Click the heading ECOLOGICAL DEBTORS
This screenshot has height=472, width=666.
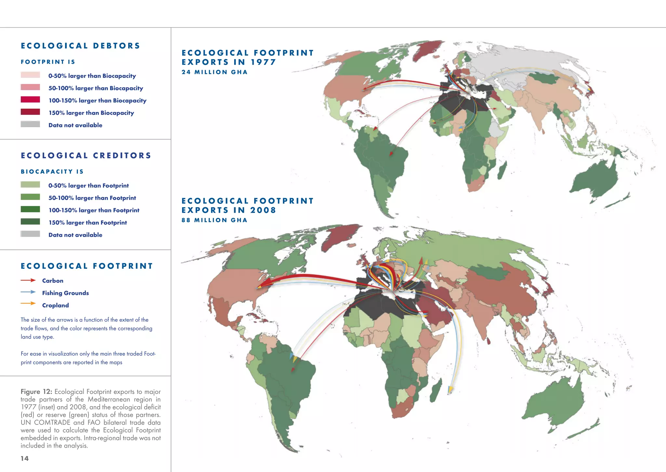click(80, 46)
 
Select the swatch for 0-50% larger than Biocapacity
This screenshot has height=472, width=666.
click(30, 75)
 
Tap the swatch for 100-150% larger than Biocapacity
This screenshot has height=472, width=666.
click(30, 100)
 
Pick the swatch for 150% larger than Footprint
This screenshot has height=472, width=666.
click(30, 222)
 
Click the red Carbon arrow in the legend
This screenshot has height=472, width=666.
click(28, 280)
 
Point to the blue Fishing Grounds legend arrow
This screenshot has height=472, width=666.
click(28, 292)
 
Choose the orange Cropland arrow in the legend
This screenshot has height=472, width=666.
click(28, 303)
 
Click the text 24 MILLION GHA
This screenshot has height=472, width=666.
click(215, 72)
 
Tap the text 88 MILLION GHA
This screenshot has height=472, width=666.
click(215, 220)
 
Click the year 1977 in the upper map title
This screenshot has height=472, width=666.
click(263, 62)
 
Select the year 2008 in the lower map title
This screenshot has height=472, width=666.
click(263, 210)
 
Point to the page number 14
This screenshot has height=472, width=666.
click(25, 458)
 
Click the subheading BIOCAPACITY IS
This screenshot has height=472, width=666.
click(52, 172)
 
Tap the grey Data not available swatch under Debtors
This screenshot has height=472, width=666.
click(30, 124)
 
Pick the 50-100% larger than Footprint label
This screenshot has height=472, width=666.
click(92, 198)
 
